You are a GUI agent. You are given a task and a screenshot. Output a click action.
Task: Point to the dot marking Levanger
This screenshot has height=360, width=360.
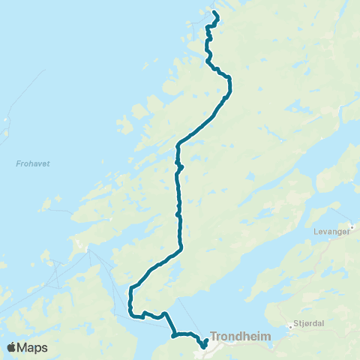351,224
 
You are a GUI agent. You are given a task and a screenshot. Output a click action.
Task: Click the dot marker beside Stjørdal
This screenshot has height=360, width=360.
290,326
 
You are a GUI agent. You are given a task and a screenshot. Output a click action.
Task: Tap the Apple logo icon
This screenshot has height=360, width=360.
12,348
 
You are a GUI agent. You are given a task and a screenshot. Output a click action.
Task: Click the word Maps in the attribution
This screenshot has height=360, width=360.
33,348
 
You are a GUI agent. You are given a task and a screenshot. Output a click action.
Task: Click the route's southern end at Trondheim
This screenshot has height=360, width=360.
204,346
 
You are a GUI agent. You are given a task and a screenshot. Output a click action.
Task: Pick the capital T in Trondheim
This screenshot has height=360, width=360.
214,337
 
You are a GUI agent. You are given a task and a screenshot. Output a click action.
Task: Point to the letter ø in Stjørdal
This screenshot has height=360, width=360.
304,326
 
